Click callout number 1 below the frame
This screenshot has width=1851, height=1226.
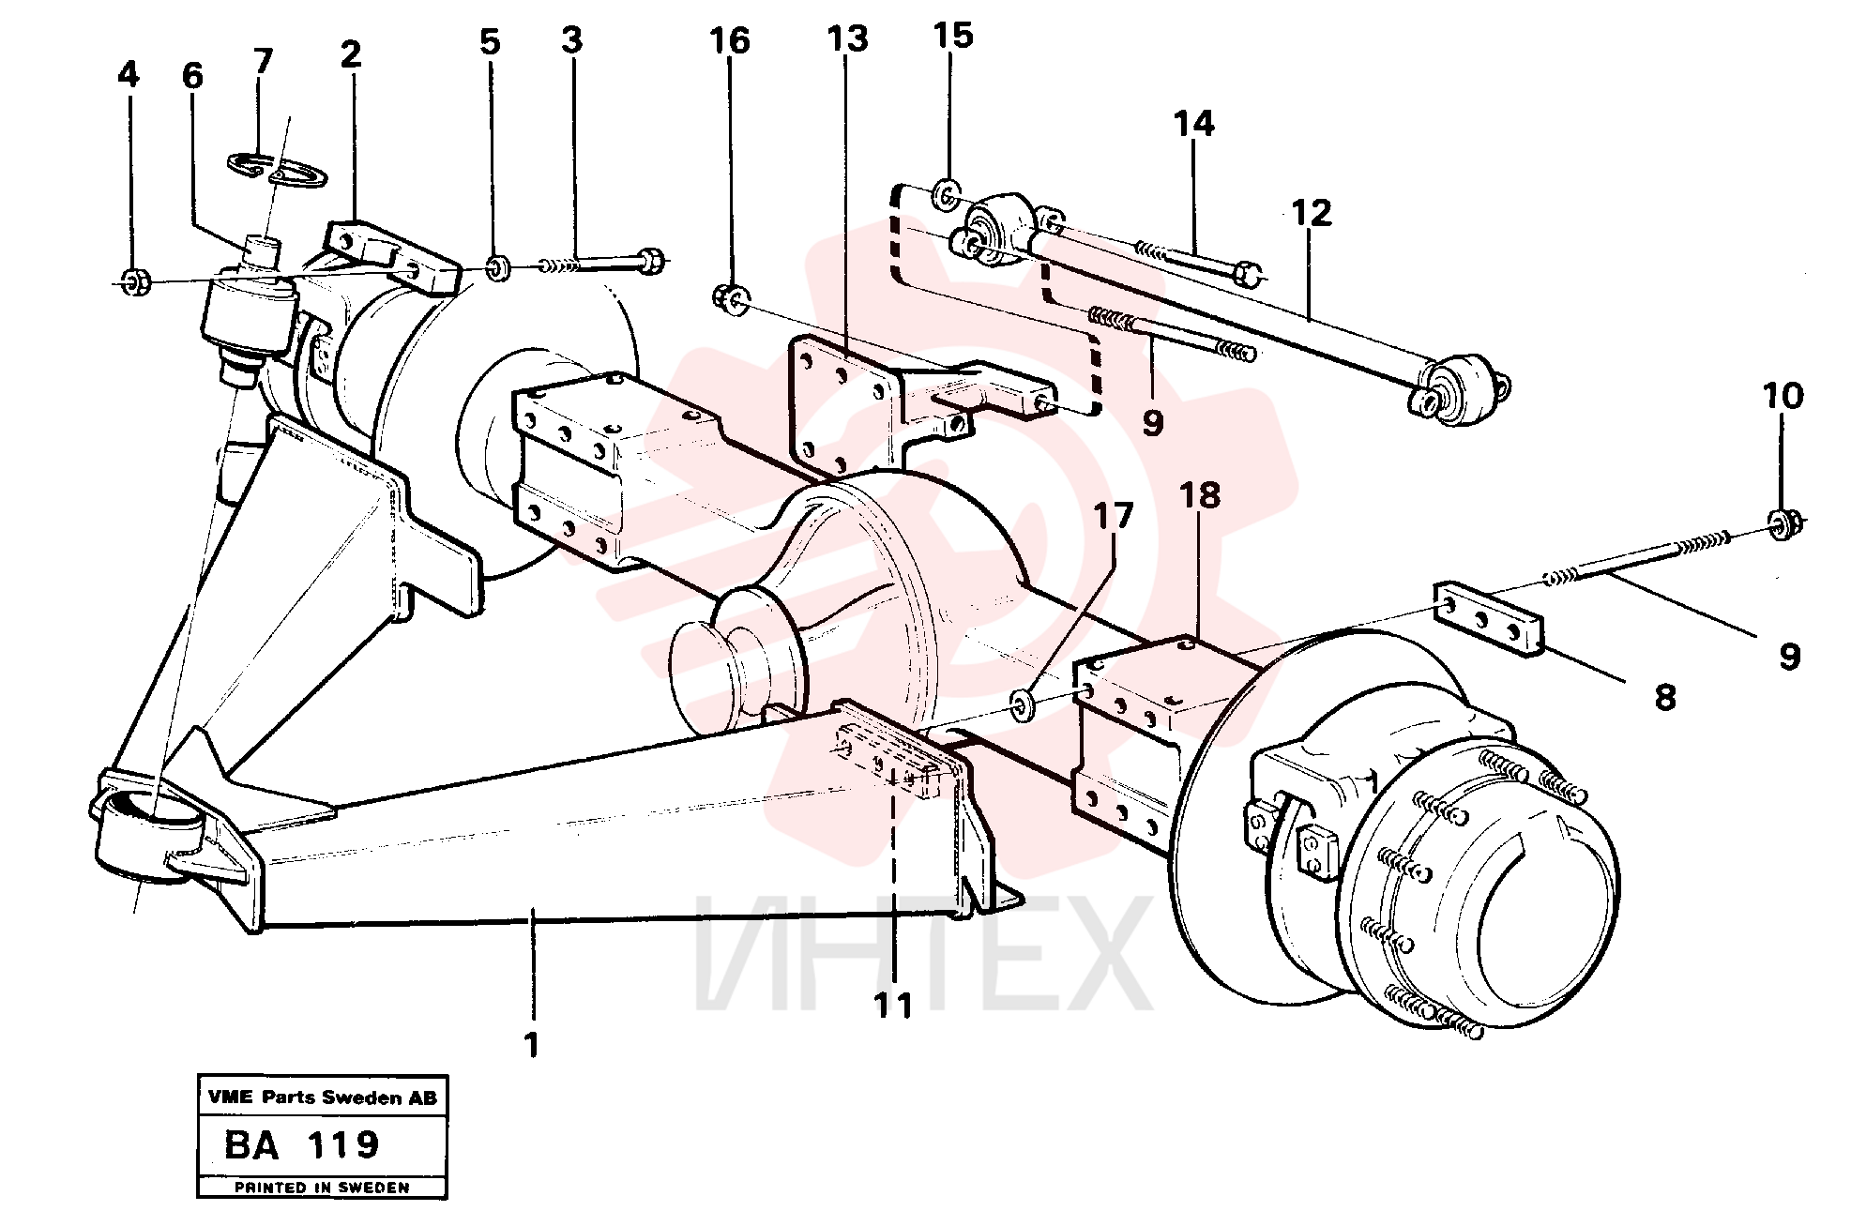(x=532, y=1044)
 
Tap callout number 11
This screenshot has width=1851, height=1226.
(x=893, y=1007)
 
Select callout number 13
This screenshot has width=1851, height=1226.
(x=847, y=39)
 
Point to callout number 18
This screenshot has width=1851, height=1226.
(x=1200, y=494)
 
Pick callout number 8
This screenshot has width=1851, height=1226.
(x=1665, y=697)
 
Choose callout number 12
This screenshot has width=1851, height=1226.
(x=1311, y=213)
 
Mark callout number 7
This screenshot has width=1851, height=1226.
(x=263, y=61)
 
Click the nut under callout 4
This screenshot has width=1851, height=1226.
(x=132, y=280)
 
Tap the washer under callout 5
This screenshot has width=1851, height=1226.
(x=499, y=267)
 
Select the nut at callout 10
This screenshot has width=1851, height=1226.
(x=1781, y=524)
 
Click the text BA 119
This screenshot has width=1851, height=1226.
(x=301, y=1144)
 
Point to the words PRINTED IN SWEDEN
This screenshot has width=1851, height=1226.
(x=322, y=1188)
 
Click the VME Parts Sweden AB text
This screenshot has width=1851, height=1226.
(x=322, y=1097)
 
